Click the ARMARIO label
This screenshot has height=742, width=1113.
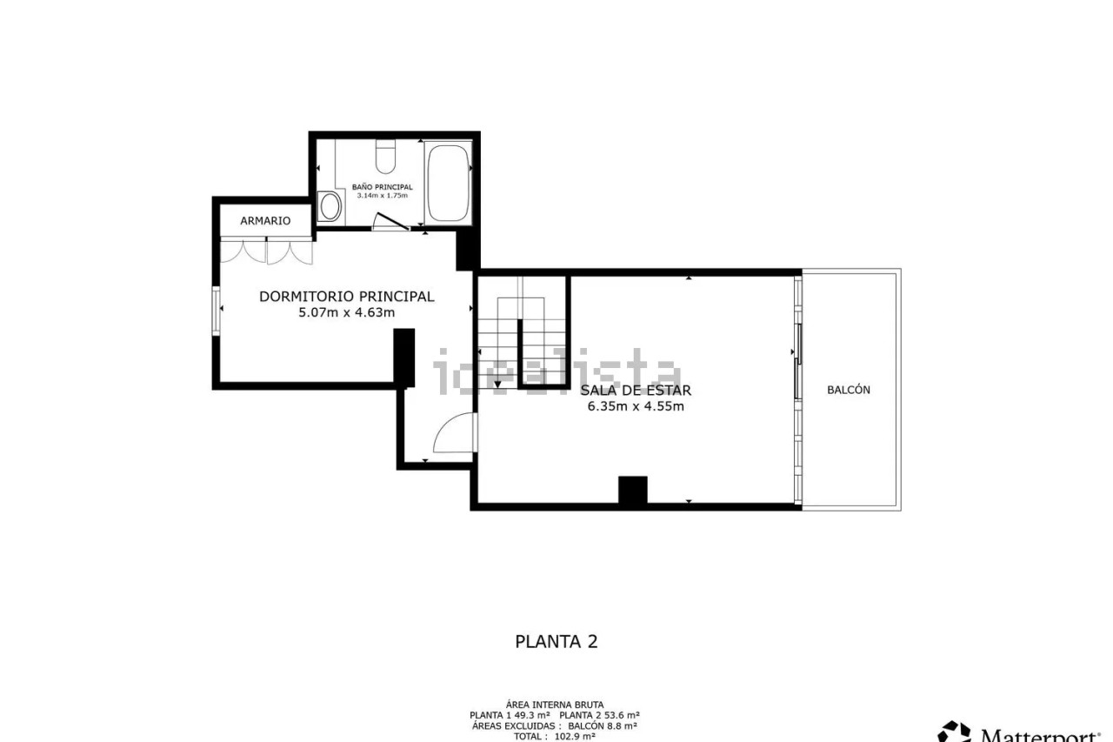(265, 221)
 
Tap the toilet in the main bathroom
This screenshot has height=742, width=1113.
(385, 156)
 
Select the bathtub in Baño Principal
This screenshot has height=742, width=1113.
(448, 183)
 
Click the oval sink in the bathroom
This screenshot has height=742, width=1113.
(330, 206)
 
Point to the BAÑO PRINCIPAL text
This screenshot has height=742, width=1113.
(382, 187)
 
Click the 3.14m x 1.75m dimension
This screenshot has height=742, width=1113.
(382, 196)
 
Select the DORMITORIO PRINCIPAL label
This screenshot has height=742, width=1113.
(347, 297)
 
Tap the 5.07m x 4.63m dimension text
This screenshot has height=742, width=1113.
(347, 312)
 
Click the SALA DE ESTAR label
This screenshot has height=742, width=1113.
(636, 391)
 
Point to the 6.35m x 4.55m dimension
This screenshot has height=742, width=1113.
(636, 406)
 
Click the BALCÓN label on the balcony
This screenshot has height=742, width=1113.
(849, 390)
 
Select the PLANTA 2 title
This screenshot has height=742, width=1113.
(556, 642)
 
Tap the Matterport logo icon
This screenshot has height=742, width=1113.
(954, 732)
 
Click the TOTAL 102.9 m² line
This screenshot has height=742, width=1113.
(555, 737)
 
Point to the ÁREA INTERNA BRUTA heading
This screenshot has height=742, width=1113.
(555, 705)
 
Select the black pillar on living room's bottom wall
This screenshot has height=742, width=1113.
(632, 490)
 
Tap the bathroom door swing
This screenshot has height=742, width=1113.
(390, 222)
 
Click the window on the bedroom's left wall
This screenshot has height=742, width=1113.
(217, 311)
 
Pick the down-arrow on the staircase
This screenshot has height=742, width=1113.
(497, 384)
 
